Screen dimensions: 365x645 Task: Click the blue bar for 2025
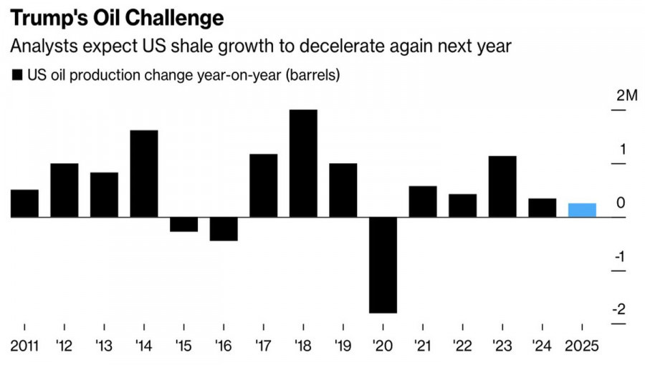582,210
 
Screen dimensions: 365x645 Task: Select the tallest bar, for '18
303,163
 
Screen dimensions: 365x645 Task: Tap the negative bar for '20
383,265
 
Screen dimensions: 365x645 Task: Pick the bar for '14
144,173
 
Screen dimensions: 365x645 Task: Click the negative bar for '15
183,224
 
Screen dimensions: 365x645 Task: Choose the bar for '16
224,228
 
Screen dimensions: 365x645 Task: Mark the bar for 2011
24,203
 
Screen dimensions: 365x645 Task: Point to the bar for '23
502,186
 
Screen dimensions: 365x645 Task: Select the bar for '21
423,201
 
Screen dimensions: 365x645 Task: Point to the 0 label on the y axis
621,203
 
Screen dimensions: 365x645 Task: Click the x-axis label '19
343,346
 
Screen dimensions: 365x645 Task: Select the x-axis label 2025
582,346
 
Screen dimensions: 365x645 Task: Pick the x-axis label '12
64,346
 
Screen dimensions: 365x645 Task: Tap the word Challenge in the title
164,16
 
